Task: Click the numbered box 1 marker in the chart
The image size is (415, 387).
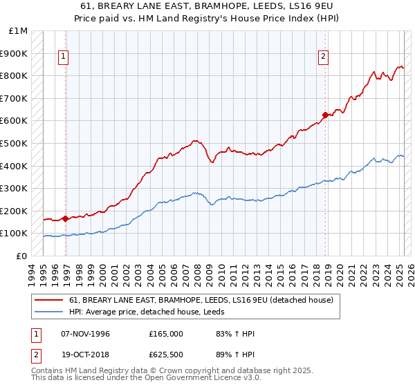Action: pyautogui.click(x=64, y=57)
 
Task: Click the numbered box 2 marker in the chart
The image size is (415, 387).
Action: pyautogui.click(x=323, y=57)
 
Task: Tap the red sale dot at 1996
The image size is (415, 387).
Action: pyautogui.click(x=66, y=218)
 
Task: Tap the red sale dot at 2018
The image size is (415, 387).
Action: pyautogui.click(x=325, y=115)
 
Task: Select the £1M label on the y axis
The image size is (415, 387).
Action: pyautogui.click(x=18, y=31)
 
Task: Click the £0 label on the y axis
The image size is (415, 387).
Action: pyautogui.click(x=22, y=256)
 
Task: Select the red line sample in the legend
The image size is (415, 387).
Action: pyautogui.click(x=50, y=300)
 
